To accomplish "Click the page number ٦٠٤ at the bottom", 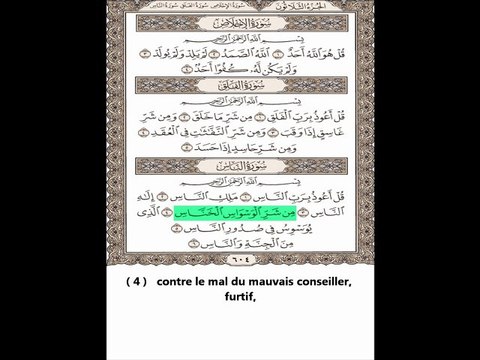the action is click(239, 257).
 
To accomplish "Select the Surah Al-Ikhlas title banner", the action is click(239, 19).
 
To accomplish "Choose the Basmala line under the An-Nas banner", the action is click(239, 183).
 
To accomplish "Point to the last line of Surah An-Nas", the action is click(240, 242).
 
